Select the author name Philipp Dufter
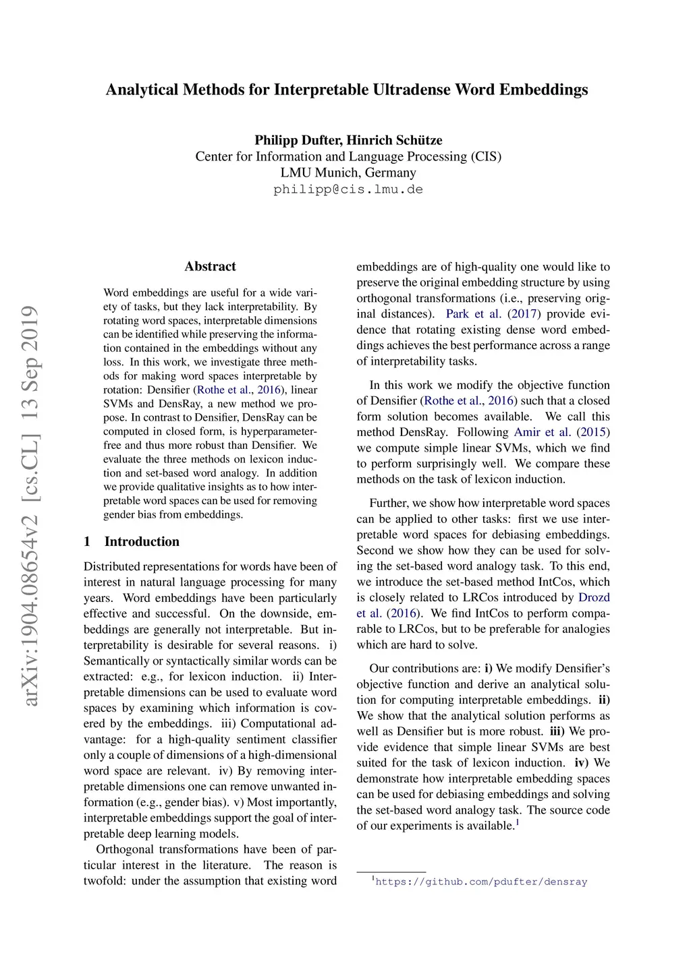tap(298, 140)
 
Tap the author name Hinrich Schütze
tap(395, 140)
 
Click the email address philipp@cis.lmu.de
tap(348, 189)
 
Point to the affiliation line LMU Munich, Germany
tap(348, 173)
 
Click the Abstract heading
tap(211, 266)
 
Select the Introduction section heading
tap(142, 541)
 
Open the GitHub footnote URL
tap(481, 882)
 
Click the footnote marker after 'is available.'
tap(518, 822)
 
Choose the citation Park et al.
tap(473, 314)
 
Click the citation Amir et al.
tap(542, 432)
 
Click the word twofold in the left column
tap(105, 881)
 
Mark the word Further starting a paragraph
tap(389, 503)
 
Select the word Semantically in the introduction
tap(117, 661)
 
